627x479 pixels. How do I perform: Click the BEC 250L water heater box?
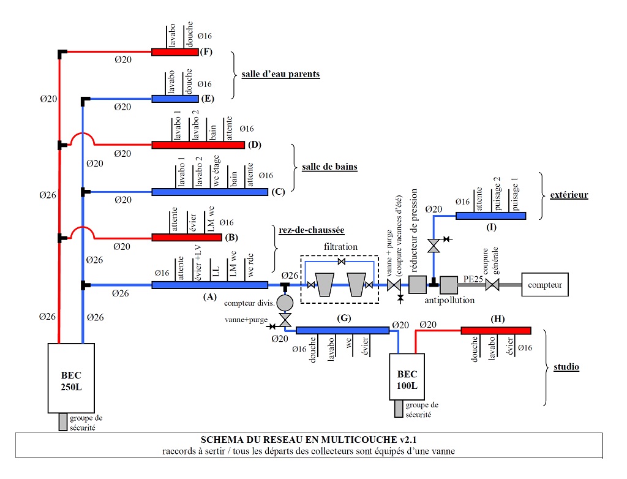[x=70, y=377]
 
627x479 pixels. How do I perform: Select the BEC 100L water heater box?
[x=407, y=376]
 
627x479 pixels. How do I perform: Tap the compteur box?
[x=545, y=285]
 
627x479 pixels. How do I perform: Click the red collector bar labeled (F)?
[x=175, y=52]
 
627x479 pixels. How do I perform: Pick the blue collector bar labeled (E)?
[x=175, y=99]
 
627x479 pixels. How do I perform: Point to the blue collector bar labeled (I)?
[x=491, y=215]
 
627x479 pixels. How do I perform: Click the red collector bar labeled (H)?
[x=495, y=331]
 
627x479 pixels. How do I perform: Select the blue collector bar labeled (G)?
[x=342, y=331]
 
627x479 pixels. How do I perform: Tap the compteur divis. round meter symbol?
[x=285, y=303]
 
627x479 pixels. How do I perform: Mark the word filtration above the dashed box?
[x=342, y=247]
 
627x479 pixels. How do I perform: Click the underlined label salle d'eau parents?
[x=280, y=74]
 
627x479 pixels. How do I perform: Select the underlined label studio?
[x=566, y=368]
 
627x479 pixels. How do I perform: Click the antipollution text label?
[x=449, y=300]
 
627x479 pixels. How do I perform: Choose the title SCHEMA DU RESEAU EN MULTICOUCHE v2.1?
[x=309, y=439]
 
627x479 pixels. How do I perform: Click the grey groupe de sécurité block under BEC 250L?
[x=62, y=422]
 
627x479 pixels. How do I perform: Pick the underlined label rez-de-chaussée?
[x=311, y=230]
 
